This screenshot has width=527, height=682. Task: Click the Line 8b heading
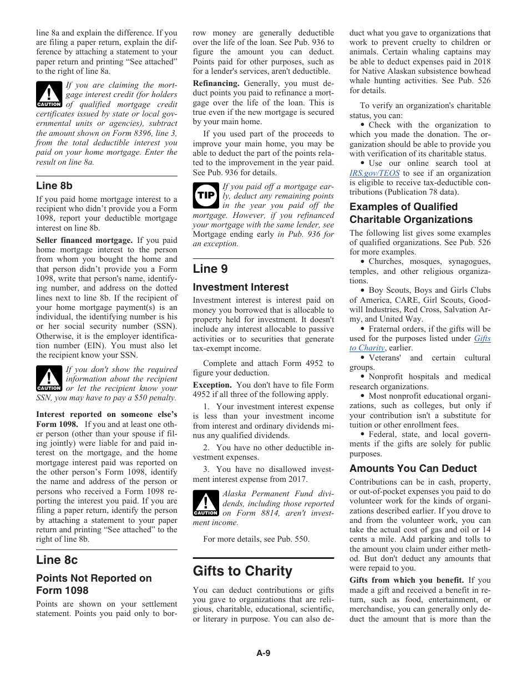point(54,186)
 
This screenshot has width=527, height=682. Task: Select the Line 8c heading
point(57,559)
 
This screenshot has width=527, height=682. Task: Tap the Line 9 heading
point(210,269)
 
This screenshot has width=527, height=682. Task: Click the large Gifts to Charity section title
point(242,571)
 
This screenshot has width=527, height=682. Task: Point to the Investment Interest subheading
point(241,287)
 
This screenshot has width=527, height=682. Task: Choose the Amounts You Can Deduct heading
point(413,469)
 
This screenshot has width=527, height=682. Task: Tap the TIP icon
point(205,195)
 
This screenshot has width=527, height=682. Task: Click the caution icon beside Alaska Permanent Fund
point(205,503)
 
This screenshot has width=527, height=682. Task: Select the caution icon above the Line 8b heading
point(49,94)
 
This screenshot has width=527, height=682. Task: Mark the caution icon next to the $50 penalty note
point(49,379)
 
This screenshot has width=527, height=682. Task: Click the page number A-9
point(263,653)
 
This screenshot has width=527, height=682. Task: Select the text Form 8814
point(259,513)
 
